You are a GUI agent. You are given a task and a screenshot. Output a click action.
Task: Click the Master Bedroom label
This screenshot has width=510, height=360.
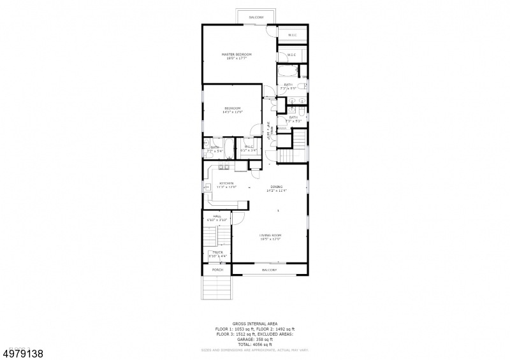pos(237,55)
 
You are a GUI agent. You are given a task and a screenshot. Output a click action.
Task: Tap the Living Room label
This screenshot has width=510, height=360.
pos(270,235)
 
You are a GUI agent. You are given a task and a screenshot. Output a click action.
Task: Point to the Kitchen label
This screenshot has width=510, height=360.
pos(226,184)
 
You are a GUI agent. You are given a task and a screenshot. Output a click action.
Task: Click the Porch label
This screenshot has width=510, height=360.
pos(217,270)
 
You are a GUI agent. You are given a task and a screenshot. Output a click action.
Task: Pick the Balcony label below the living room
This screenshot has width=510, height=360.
pos(269,270)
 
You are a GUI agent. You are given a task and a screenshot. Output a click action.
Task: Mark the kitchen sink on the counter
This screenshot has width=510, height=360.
pos(224,167)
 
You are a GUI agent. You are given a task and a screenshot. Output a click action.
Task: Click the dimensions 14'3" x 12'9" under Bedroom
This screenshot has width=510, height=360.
pos(233,112)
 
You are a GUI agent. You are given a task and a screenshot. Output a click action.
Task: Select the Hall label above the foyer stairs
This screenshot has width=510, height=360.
pos(217,217)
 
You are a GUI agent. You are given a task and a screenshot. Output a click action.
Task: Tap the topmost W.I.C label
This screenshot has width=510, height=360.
pos(293,35)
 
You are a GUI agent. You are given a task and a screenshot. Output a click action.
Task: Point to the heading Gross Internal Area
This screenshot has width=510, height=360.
pos(255,324)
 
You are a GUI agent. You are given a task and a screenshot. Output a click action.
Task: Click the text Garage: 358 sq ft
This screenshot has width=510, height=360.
pos(255,338)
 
